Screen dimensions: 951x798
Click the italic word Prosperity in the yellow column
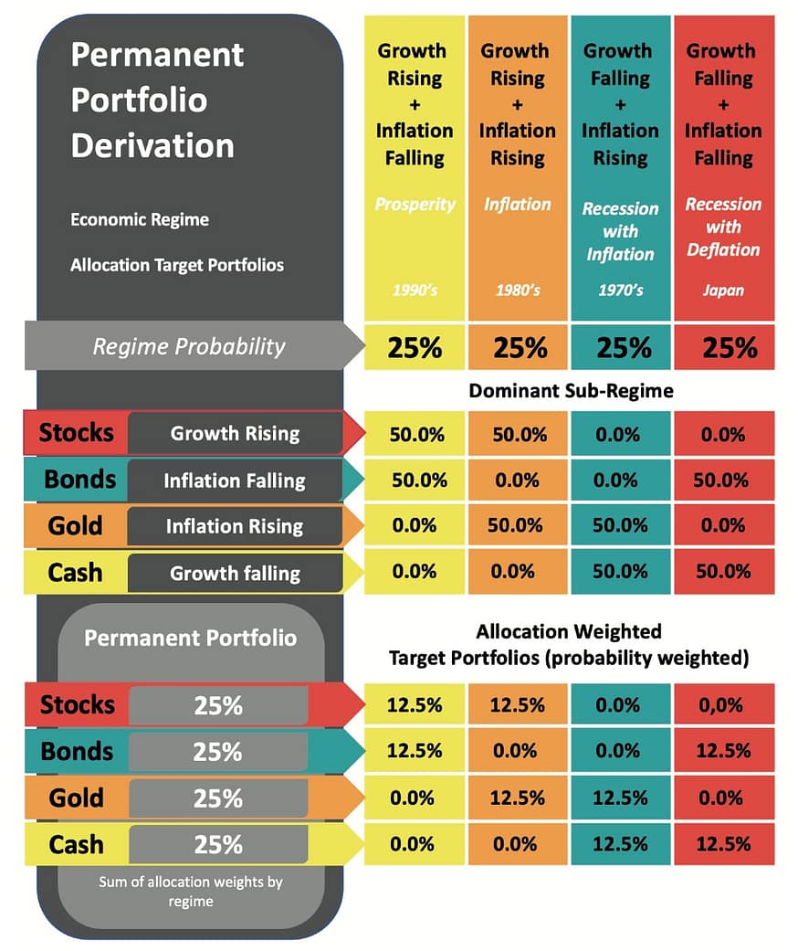point(414,204)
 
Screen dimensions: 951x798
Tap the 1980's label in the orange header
point(517,291)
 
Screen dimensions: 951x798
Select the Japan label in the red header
point(723,291)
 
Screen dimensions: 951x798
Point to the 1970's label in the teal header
point(620,291)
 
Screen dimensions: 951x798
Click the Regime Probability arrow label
point(189,347)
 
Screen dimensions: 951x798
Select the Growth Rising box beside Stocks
point(235,433)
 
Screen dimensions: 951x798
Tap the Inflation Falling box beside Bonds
point(235,480)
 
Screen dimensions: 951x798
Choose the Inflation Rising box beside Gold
point(235,526)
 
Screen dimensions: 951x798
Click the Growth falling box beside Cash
point(235,573)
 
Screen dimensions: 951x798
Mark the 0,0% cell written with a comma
point(723,705)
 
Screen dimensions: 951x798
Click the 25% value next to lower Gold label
point(217,798)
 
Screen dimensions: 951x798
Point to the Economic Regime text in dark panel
point(140,220)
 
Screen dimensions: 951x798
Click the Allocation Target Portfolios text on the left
point(177,266)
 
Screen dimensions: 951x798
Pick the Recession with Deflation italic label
point(723,227)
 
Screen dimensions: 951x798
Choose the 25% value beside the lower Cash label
point(217,844)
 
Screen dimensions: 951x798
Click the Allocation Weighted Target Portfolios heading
point(568,644)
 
